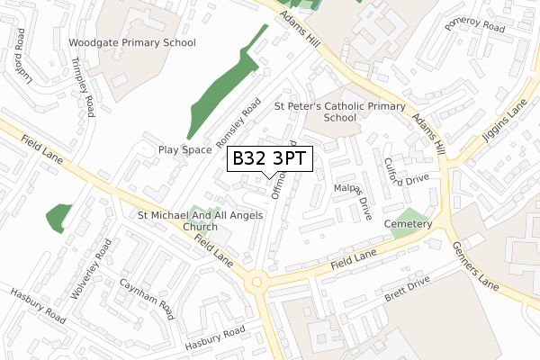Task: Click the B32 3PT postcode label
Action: tap(270, 159)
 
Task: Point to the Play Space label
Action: tap(184, 149)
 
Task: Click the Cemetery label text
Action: tap(407, 224)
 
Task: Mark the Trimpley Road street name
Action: tap(83, 88)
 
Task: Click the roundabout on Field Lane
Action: tap(258, 283)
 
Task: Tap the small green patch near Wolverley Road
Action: tap(58, 218)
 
